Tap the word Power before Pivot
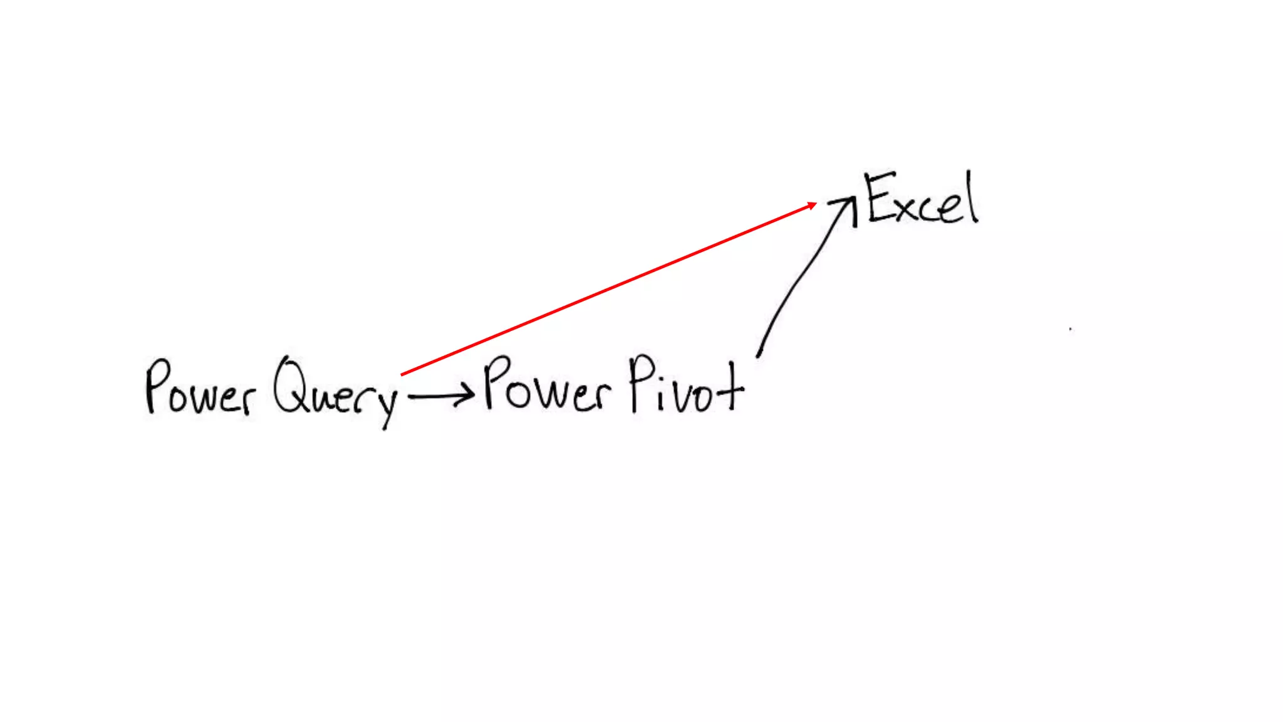click(546, 385)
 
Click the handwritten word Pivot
click(686, 385)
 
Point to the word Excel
click(921, 199)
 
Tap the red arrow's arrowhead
click(812, 205)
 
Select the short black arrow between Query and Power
click(439, 396)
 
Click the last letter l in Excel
click(972, 197)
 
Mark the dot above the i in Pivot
click(660, 377)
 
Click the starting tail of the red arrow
click(403, 374)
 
